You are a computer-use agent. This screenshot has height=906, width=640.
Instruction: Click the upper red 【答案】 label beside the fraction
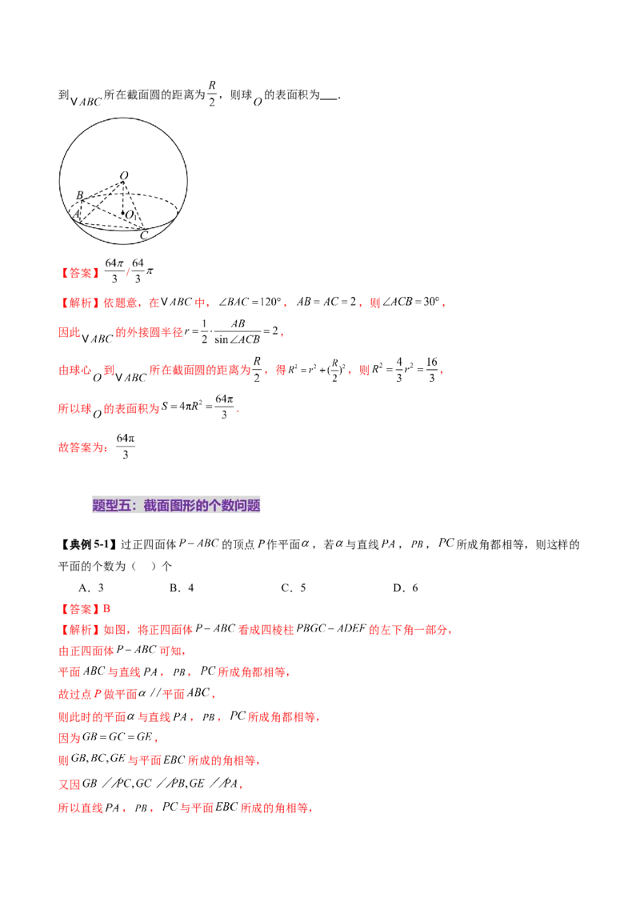(81, 273)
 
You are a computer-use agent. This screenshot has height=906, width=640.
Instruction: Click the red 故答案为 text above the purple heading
(82, 448)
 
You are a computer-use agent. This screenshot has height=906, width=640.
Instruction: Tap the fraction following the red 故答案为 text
(123, 447)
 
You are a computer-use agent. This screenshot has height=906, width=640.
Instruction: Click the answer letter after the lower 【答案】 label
(112, 607)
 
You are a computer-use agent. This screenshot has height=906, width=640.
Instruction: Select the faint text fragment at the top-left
(87, 103)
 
